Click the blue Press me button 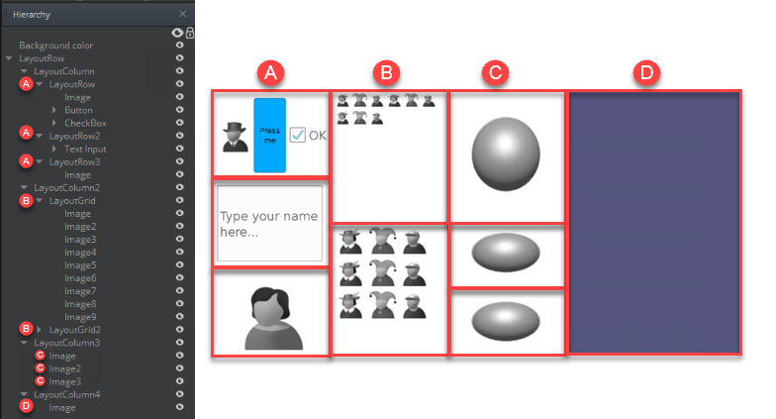pyautogui.click(x=269, y=135)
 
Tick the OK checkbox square pyautogui.click(x=298, y=136)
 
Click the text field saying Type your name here pyautogui.click(x=269, y=223)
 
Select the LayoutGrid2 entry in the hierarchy pyautogui.click(x=74, y=329)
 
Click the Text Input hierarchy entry pyautogui.click(x=85, y=149)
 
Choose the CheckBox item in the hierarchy pyautogui.click(x=85, y=123)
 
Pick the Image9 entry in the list pyautogui.click(x=80, y=317)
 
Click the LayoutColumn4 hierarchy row pyautogui.click(x=67, y=394)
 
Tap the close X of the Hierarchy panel pyautogui.click(x=182, y=15)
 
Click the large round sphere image pyautogui.click(x=507, y=156)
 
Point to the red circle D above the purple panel pyautogui.click(x=646, y=72)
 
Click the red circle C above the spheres pyautogui.click(x=495, y=72)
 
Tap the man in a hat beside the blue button pyautogui.click(x=235, y=137)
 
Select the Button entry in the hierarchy pyautogui.click(x=78, y=110)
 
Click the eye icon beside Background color pyautogui.click(x=179, y=46)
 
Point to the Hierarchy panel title pyautogui.click(x=32, y=15)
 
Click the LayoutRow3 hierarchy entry pyautogui.click(x=74, y=161)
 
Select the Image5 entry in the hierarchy pyautogui.click(x=80, y=265)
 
